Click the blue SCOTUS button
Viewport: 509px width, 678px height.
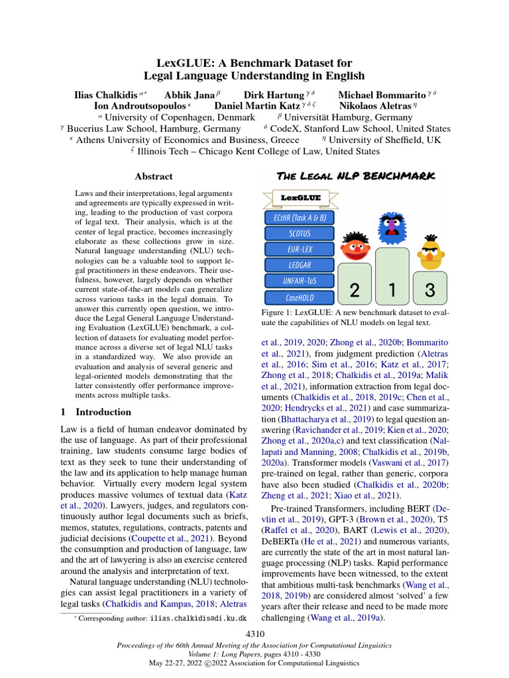[x=300, y=234]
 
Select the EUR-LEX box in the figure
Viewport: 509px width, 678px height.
[x=300, y=250]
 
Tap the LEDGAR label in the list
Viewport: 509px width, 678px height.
[x=300, y=266]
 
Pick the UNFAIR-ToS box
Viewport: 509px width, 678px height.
[x=300, y=281]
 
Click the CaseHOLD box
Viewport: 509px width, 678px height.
[x=300, y=298]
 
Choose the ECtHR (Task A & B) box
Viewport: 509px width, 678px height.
[x=300, y=218]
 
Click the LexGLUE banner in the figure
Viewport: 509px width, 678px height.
[x=300, y=197]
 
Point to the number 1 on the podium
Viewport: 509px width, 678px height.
[x=392, y=289]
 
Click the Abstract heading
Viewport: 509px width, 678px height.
[x=153, y=177]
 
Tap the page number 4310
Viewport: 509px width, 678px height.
[x=255, y=634]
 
